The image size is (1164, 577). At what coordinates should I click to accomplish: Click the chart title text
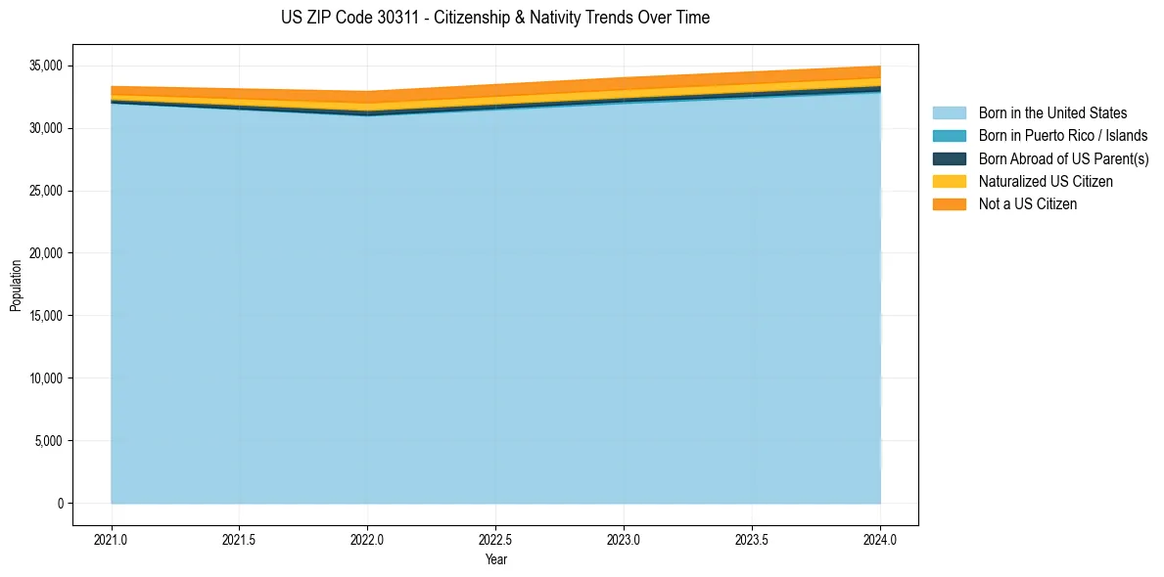(x=494, y=18)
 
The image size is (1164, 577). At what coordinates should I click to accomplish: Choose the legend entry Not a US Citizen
(x=1027, y=203)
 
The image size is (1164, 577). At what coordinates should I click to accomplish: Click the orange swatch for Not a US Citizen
(x=950, y=203)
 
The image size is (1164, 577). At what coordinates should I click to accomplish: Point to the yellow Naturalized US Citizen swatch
(x=950, y=181)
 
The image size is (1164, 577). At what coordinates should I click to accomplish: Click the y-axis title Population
(x=16, y=285)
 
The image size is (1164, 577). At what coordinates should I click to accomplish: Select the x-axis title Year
(x=495, y=559)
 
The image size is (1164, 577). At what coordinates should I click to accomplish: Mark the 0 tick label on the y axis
(x=59, y=504)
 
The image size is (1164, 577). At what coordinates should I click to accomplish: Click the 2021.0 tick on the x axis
(x=112, y=539)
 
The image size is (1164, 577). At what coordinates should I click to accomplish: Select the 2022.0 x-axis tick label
(x=368, y=539)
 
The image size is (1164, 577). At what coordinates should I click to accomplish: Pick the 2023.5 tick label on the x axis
(x=752, y=539)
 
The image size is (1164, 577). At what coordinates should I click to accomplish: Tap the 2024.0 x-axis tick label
(x=880, y=539)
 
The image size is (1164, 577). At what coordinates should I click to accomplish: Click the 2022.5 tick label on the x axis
(x=496, y=539)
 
